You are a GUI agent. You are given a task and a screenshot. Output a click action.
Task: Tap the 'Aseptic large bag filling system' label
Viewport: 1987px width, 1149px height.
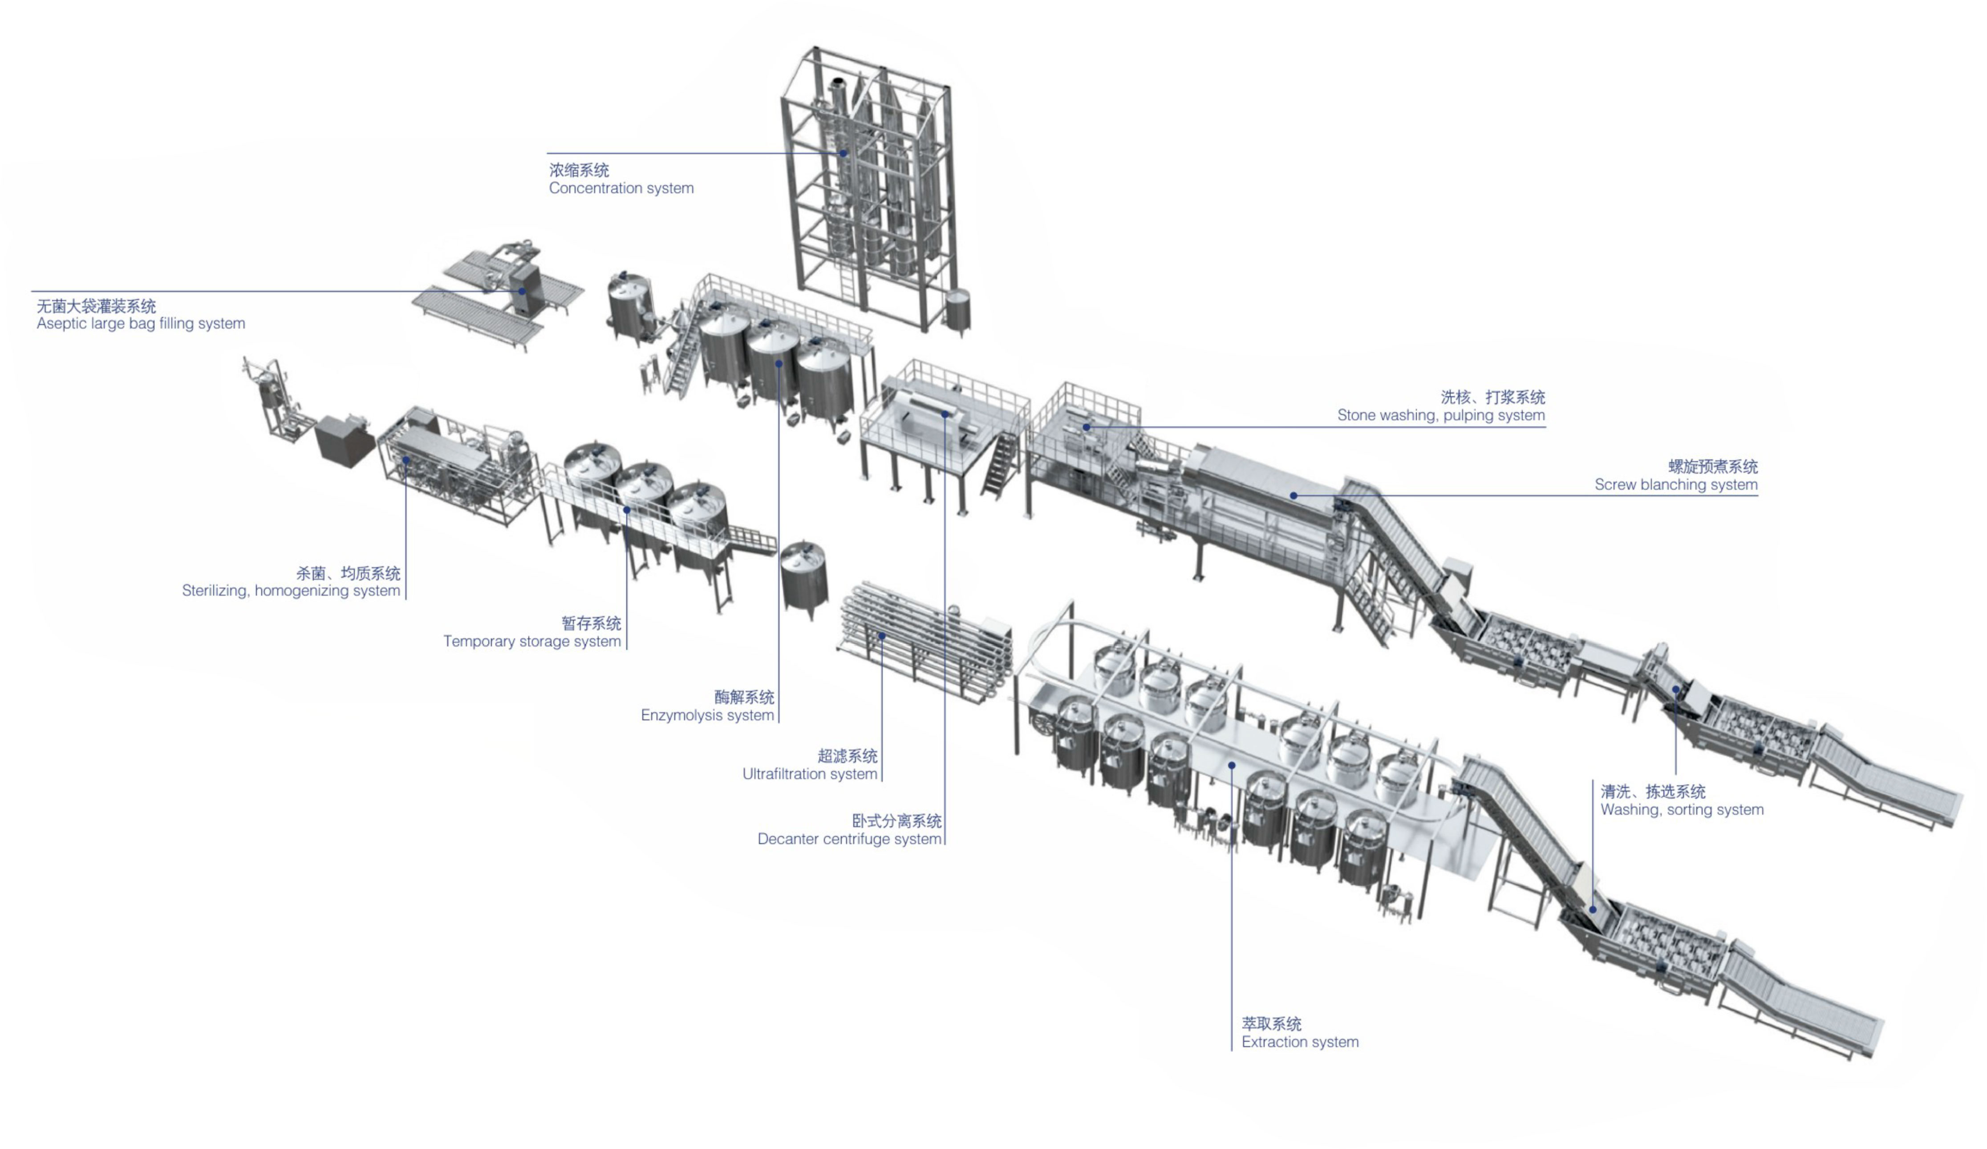(x=140, y=323)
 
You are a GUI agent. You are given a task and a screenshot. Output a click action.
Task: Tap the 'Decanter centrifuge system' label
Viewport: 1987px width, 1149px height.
(x=849, y=839)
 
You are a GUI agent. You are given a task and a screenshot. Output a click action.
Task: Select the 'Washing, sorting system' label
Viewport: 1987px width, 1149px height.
(x=1681, y=810)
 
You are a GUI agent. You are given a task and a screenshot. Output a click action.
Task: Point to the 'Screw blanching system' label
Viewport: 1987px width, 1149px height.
(x=1675, y=485)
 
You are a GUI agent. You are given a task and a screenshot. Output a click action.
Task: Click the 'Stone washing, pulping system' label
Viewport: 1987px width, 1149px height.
(x=1440, y=416)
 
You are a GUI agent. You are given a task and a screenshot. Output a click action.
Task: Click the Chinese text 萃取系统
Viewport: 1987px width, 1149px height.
(x=1271, y=1023)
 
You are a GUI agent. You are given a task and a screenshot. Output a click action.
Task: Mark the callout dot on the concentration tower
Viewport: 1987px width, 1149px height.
(x=843, y=153)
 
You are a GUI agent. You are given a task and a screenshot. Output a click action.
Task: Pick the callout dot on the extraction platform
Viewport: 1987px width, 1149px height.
(x=1231, y=765)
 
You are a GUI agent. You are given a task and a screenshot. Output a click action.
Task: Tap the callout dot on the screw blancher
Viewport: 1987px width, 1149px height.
(x=1293, y=495)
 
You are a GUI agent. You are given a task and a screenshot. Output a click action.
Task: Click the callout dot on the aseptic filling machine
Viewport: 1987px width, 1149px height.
(x=522, y=291)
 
